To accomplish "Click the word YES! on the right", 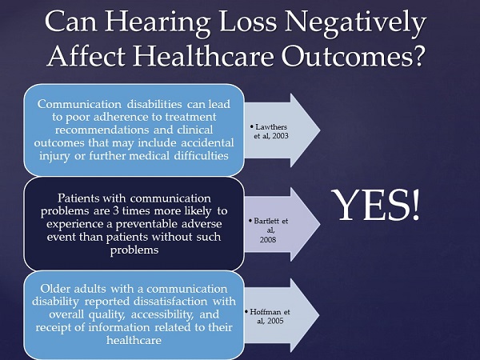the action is [376, 205].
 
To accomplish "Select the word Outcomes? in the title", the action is [352, 56].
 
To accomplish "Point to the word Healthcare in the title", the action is [203, 56].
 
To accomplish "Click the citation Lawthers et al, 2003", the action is [269, 131].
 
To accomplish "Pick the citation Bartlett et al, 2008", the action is [269, 230].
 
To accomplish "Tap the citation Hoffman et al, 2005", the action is [267, 316].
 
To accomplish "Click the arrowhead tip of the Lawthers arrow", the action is [320, 130].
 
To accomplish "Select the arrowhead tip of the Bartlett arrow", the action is [320, 224].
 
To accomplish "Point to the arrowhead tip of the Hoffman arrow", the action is [319, 315].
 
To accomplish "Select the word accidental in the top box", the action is [207, 143].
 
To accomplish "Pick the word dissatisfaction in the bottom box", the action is [170, 302].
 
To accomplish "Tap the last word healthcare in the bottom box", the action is [134, 340].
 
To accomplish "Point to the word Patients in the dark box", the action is [78, 198].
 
